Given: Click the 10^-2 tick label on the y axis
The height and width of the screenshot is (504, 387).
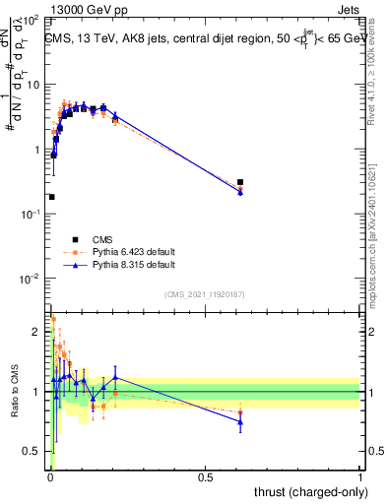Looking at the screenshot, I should coord(32,279).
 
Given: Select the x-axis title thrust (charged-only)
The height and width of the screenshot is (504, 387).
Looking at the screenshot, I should coord(310,491).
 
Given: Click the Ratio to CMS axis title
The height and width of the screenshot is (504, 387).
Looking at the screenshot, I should coord(14,394).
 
